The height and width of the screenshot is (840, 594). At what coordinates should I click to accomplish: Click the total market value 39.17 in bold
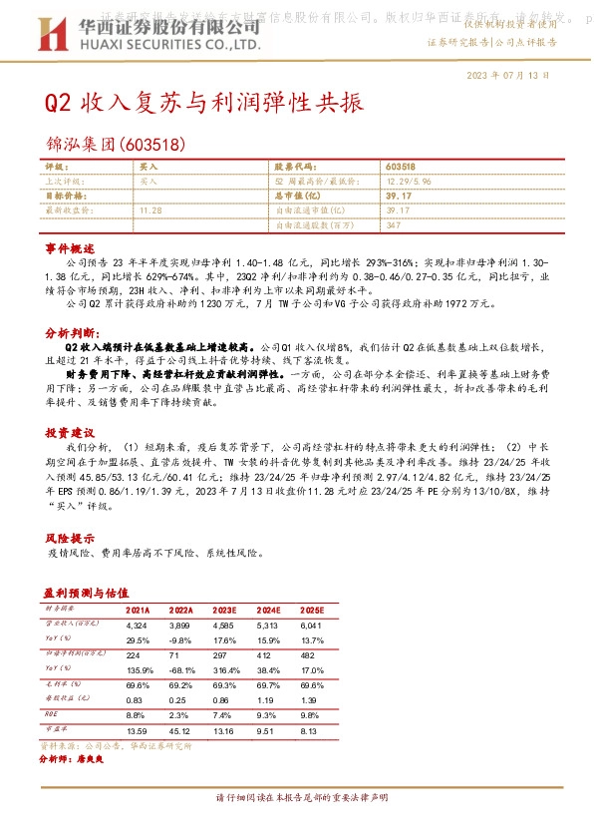398,197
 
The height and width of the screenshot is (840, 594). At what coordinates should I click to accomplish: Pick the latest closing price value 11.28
151,210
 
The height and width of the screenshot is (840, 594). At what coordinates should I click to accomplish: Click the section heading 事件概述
70,246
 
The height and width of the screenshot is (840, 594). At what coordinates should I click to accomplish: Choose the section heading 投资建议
70,434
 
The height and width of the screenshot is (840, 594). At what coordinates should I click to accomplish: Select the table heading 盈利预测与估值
88,592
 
